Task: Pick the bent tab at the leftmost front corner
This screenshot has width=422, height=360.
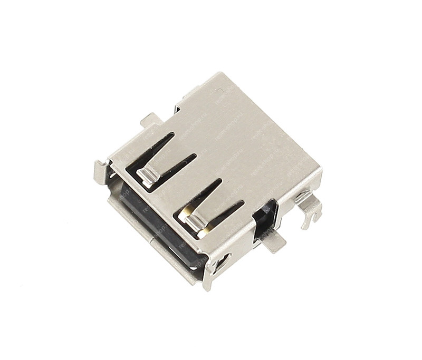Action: [100, 171]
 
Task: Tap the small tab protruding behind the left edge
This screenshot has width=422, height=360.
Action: [150, 120]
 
